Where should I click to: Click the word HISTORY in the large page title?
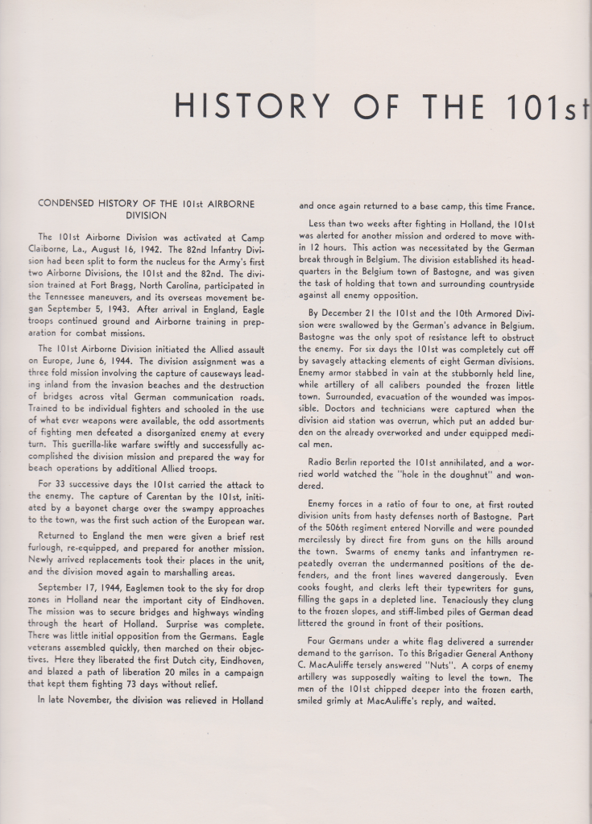(x=252, y=106)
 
